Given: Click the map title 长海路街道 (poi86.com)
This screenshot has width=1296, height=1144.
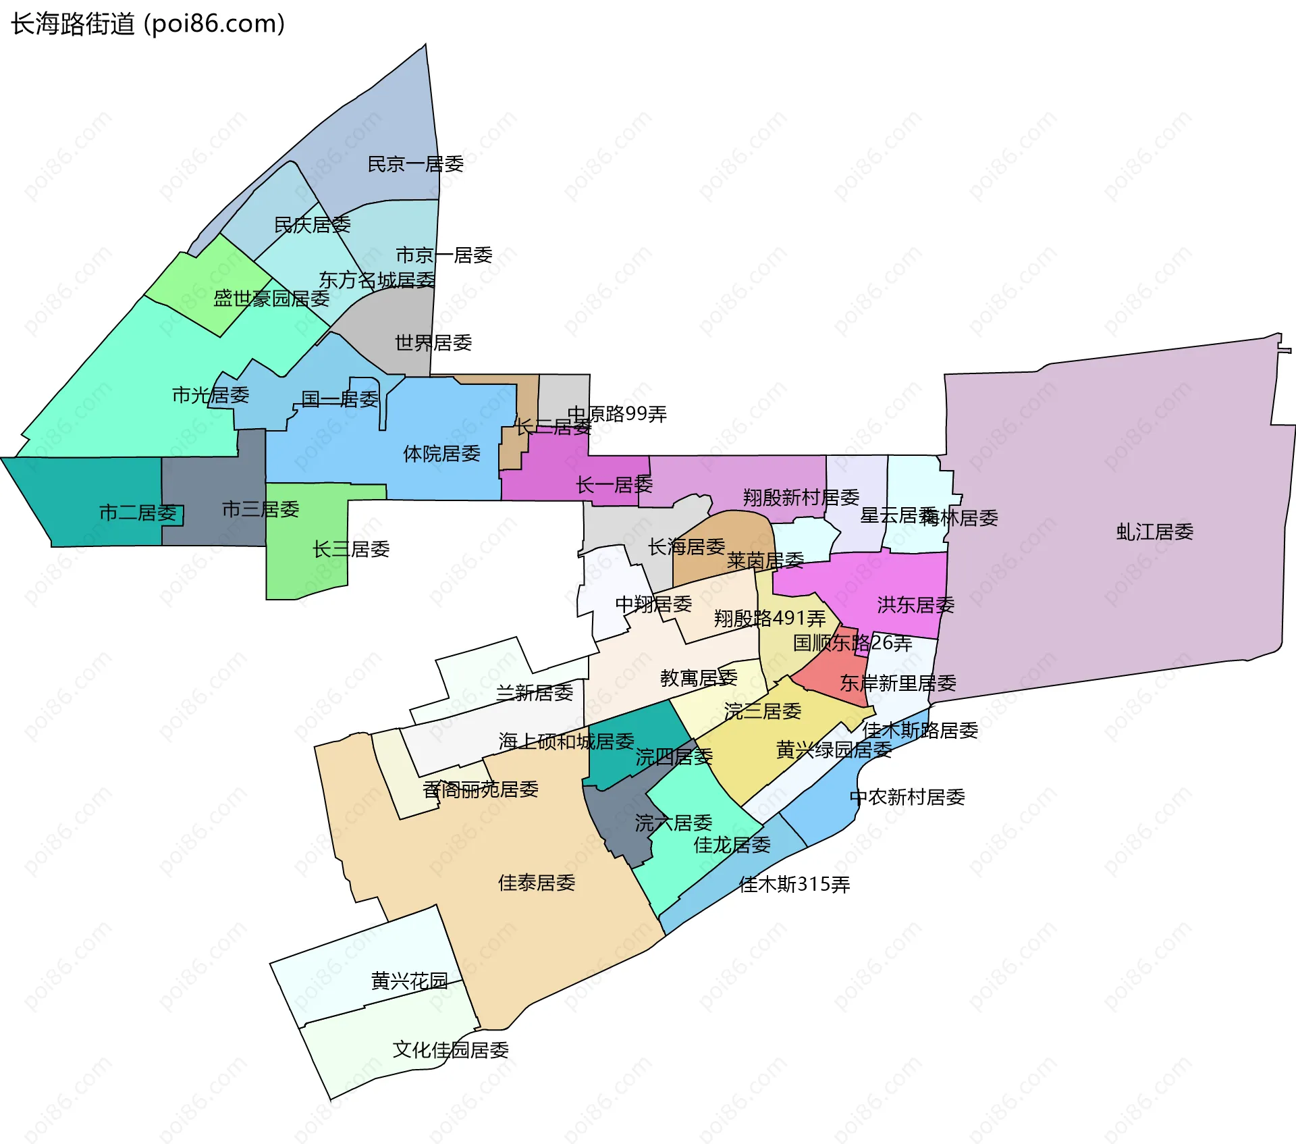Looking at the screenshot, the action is [148, 24].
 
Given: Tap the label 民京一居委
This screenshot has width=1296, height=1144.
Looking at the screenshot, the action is [415, 164].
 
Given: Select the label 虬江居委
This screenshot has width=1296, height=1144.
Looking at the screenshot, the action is [1154, 532].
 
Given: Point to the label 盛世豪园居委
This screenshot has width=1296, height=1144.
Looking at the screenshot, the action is [271, 298].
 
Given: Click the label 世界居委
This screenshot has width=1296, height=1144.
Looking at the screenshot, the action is [433, 343].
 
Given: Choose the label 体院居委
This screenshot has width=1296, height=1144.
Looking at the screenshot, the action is [441, 454].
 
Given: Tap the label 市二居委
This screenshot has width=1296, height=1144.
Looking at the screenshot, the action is [138, 513].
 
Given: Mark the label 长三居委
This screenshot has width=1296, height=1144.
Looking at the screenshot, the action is [351, 549].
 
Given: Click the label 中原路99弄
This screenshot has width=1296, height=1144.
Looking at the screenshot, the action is [617, 414].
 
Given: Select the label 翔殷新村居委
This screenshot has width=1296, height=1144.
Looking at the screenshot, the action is [801, 498].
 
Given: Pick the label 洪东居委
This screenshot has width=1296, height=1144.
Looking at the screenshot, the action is [915, 605].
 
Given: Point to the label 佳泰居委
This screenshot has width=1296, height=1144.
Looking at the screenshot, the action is [537, 883].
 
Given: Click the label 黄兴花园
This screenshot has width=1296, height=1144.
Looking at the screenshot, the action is [409, 981].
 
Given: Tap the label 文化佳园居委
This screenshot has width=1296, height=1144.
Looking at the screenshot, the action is [451, 1050].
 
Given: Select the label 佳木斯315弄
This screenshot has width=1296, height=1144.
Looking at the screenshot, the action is [794, 885].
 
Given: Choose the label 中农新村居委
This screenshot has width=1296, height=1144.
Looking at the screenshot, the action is [907, 798].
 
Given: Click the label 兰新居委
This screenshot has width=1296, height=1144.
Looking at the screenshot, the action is [535, 693].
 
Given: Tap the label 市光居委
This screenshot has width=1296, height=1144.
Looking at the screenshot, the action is [211, 395].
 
